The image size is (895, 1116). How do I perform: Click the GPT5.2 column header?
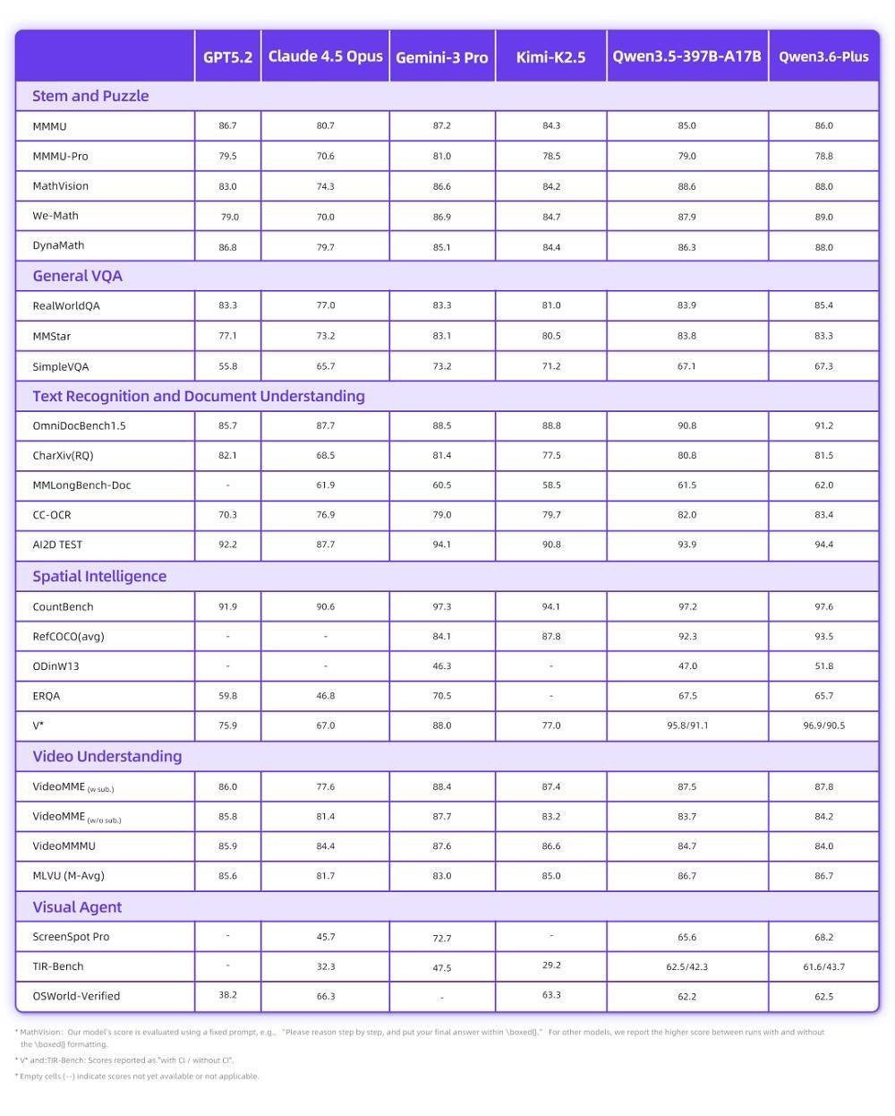point(227,57)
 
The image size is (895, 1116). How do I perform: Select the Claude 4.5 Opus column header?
point(325,56)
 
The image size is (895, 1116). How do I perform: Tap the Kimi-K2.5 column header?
point(550,57)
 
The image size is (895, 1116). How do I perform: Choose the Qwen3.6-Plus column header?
point(823,57)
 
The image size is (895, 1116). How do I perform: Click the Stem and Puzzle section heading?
point(90,96)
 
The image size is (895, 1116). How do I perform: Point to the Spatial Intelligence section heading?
point(99,576)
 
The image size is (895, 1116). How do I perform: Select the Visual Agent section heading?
point(77,906)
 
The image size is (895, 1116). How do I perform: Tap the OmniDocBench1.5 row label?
point(79,425)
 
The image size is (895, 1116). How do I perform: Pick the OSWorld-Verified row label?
point(76,996)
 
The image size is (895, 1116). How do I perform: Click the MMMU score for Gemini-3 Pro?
point(442,126)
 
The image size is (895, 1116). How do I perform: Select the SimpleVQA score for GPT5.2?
point(227,366)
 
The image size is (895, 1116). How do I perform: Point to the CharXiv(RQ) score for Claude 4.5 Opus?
point(325,455)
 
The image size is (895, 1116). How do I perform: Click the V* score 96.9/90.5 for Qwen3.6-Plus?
point(823,725)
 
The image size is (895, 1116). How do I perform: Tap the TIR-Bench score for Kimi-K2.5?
point(551,966)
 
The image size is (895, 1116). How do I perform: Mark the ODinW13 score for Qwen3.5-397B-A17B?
point(686,666)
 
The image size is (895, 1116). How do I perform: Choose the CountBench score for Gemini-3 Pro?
point(442,606)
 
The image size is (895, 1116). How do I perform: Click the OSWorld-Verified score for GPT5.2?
point(227,995)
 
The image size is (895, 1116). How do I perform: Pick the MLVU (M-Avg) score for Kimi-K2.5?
point(551,876)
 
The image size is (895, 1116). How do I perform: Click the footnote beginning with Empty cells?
point(140,1077)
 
